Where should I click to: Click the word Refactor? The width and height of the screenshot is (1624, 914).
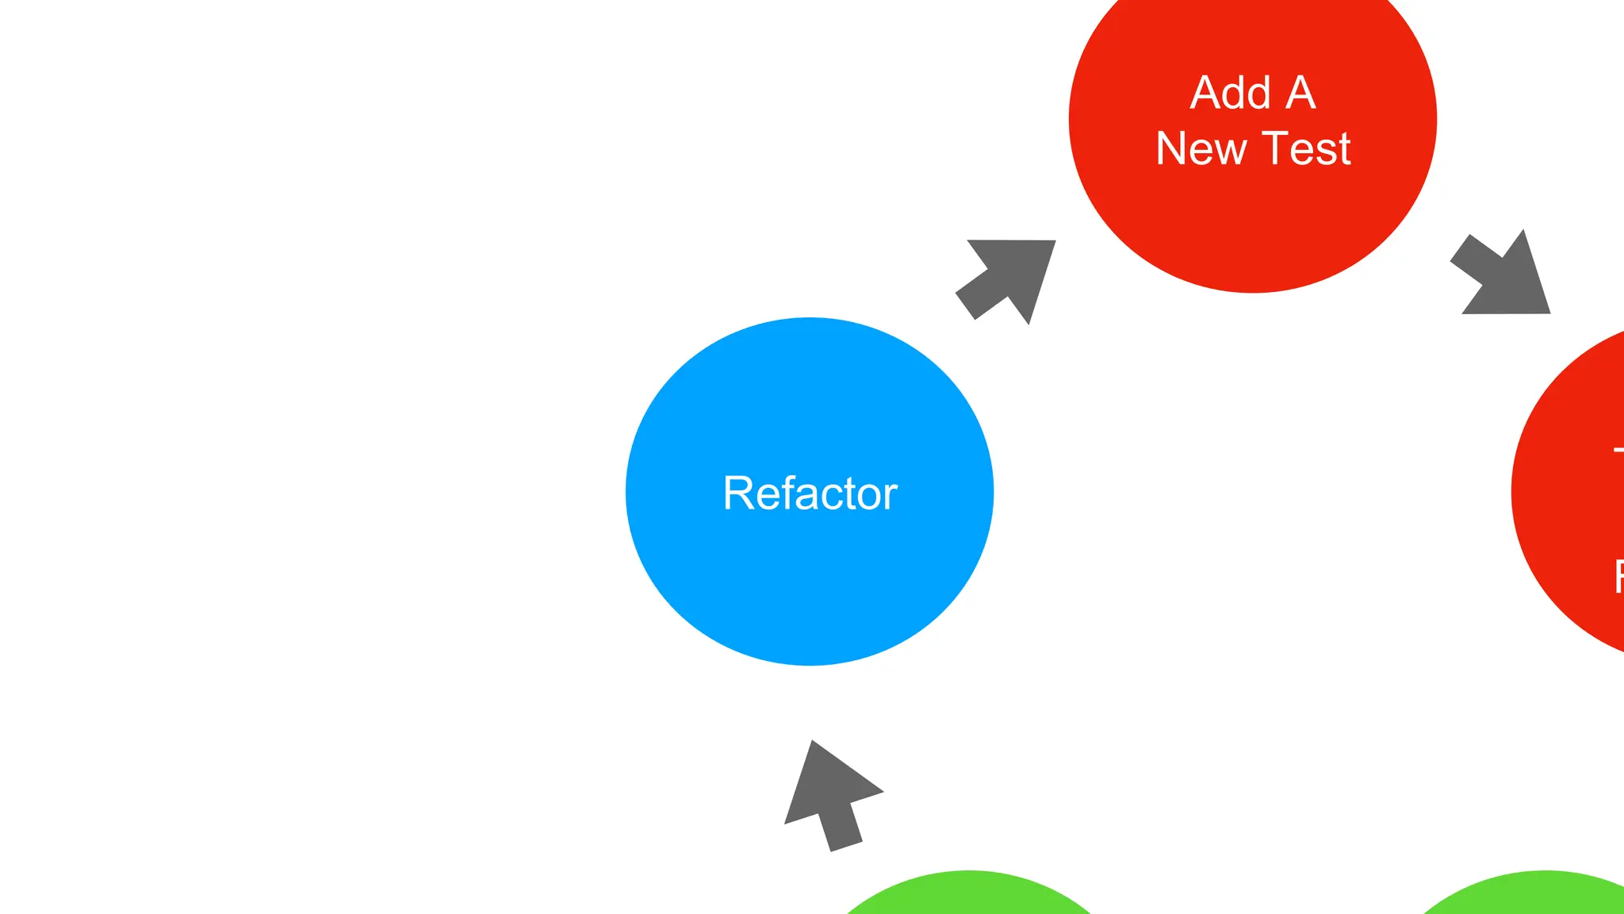point(810,493)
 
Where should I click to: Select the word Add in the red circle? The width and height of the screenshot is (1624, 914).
point(1231,93)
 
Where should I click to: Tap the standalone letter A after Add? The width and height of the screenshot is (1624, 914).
point(1301,93)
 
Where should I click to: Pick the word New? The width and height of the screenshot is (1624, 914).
point(1201,148)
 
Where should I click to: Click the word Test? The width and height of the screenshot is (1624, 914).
point(1306,148)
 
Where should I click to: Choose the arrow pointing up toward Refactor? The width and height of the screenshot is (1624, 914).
point(829,793)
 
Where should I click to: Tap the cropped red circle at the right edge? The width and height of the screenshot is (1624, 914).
point(1574,492)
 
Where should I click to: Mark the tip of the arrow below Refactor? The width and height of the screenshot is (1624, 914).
point(813,743)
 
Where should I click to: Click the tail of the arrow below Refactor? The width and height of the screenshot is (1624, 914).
point(846,846)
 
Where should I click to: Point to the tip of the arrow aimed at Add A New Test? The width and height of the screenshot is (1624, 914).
point(1054,241)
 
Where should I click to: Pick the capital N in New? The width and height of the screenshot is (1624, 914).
point(1170,148)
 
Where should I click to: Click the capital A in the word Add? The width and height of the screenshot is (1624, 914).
point(1205,93)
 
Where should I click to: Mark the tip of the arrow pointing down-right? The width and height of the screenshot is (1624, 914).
point(1549,312)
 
